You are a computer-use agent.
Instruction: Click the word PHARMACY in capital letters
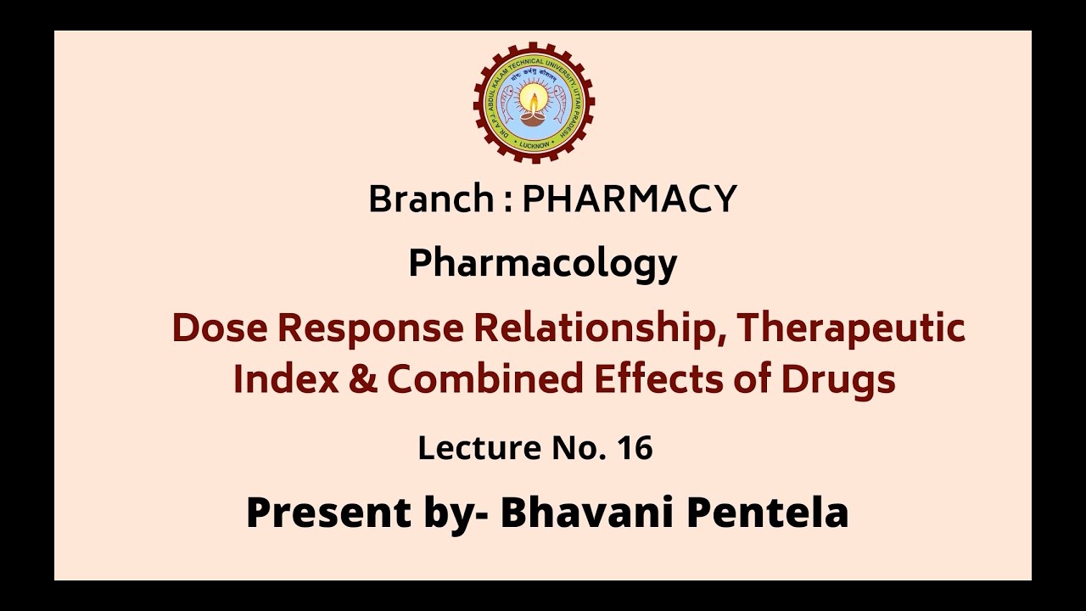(x=629, y=199)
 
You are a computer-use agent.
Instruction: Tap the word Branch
(x=431, y=199)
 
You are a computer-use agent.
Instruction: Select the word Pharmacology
(x=542, y=265)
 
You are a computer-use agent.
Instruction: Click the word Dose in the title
(x=221, y=328)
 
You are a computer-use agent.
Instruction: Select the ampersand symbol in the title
(x=358, y=379)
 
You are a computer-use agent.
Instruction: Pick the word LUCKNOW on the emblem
(x=534, y=144)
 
